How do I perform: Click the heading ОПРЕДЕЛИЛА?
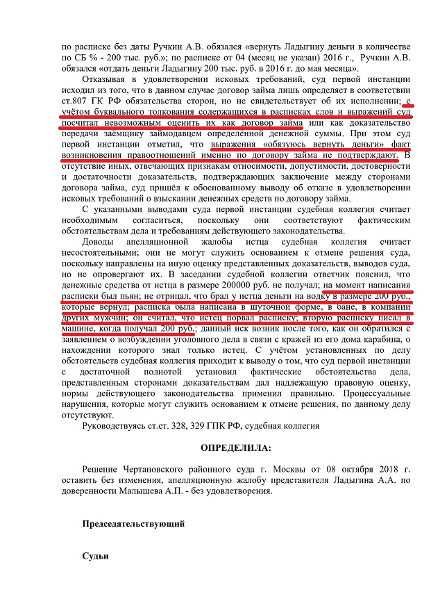coord(237,448)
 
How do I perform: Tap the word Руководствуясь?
coord(117,425)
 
